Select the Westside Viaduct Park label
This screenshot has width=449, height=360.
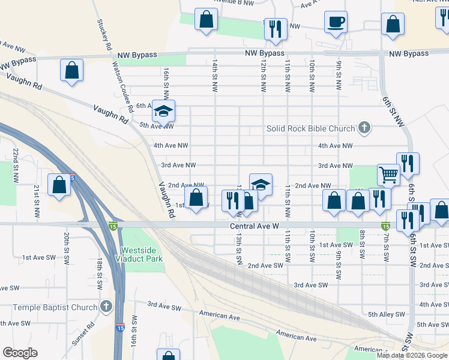tap(142, 254)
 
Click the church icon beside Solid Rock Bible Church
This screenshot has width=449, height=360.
tap(364, 127)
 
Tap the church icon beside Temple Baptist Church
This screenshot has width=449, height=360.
tap(106, 307)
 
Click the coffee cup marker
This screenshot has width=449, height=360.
tap(336, 23)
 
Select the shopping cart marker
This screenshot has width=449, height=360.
tap(388, 175)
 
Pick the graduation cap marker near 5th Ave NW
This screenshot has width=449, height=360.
tap(163, 110)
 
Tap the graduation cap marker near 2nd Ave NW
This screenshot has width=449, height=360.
tap(261, 185)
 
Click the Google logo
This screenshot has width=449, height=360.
tap(20, 353)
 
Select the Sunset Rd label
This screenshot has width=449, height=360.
tap(92, 335)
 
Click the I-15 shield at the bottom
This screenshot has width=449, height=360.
tap(121, 328)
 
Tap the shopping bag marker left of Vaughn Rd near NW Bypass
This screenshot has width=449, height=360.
tap(71, 70)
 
